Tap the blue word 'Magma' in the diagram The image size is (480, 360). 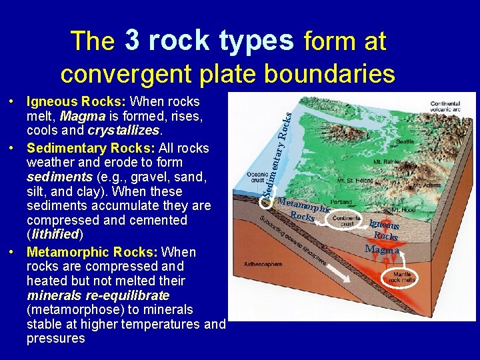[x=382, y=250]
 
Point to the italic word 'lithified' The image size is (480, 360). [x=55, y=235]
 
